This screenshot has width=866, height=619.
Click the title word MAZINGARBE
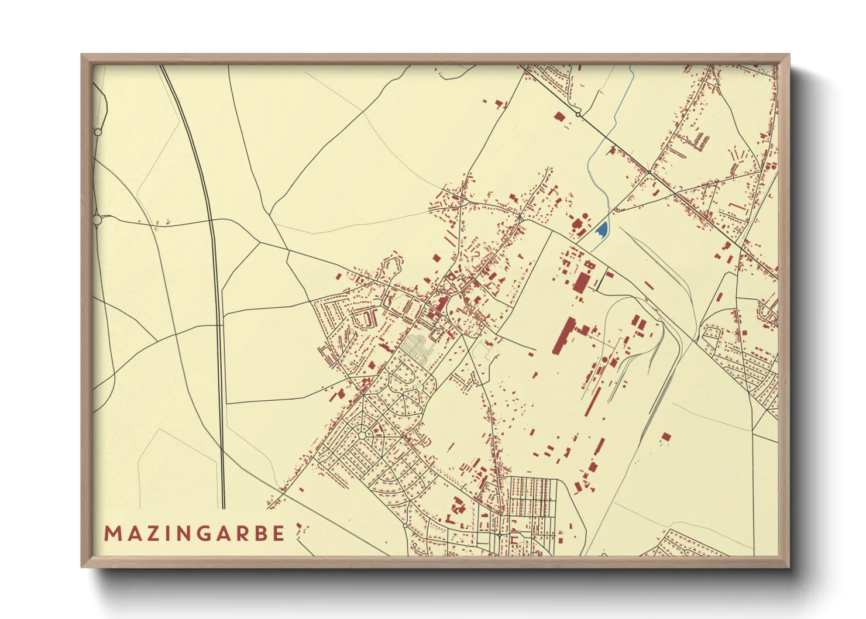(194, 534)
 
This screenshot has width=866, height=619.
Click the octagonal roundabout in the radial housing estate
(363, 435)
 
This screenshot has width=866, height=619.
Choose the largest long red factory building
(563, 336)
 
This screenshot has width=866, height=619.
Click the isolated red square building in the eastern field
(666, 438)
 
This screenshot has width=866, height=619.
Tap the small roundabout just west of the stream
(578, 115)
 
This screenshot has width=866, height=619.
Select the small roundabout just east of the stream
(649, 171)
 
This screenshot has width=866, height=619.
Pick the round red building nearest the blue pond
(575, 222)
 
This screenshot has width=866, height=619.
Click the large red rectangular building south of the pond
(581, 281)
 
